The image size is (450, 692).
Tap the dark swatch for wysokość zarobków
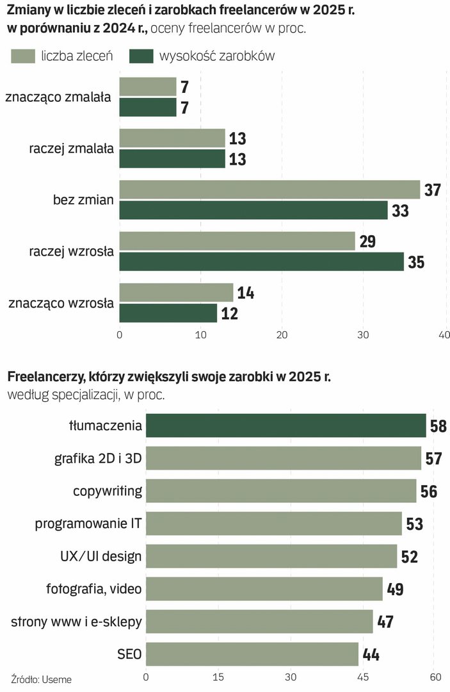click(x=141, y=56)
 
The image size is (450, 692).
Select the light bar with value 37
click(x=269, y=190)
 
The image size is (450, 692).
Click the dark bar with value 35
click(x=261, y=261)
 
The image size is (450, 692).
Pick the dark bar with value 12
click(x=168, y=313)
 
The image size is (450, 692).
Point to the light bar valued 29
click(x=237, y=241)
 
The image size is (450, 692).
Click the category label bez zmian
click(x=83, y=200)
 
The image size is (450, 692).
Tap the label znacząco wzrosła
click(x=61, y=303)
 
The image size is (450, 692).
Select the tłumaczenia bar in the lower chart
click(x=285, y=425)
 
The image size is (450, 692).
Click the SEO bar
click(x=252, y=654)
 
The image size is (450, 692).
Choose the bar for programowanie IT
click(x=273, y=523)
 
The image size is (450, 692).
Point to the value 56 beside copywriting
click(x=429, y=491)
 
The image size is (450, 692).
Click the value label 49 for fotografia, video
click(x=395, y=589)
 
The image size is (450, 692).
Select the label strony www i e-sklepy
click(x=76, y=622)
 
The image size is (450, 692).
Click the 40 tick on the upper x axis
click(x=444, y=334)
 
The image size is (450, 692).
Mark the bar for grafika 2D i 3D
click(x=283, y=458)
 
